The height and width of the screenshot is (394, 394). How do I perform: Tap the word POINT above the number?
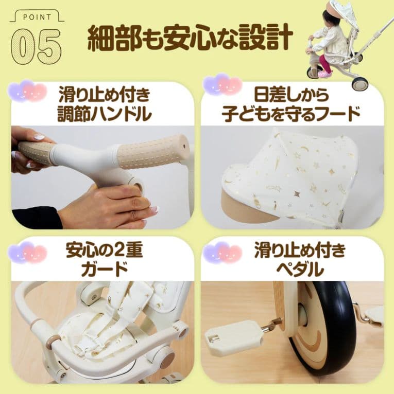36,17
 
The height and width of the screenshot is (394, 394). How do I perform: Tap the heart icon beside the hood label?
222,85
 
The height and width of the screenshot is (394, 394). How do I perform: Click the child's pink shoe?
325,74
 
